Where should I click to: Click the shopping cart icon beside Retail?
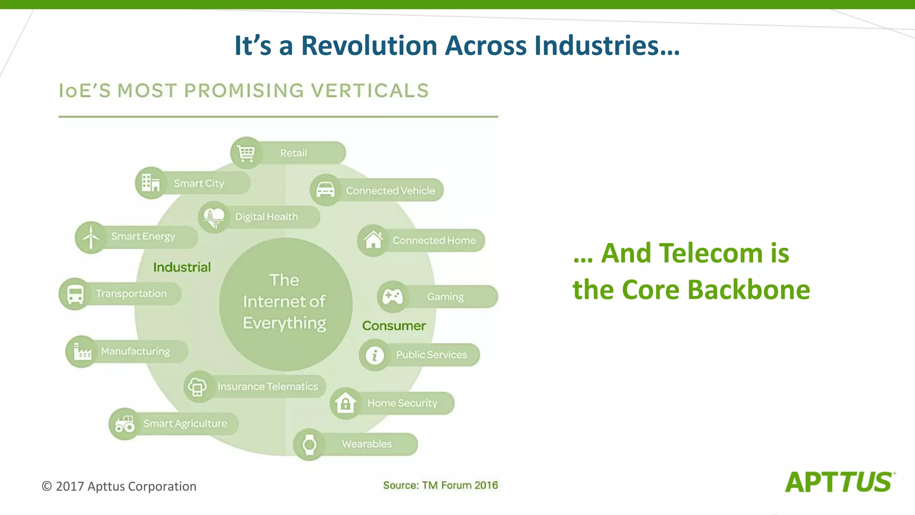246,153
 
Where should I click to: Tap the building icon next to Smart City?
151,183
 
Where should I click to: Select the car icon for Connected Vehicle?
325,190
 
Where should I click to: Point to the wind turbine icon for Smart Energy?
91,237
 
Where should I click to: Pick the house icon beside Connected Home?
373,240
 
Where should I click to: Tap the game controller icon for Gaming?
393,296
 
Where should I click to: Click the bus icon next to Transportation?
75,294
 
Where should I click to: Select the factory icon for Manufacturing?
82,351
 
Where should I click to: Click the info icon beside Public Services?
374,355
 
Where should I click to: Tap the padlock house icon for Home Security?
345,403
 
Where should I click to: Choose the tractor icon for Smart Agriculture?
125,424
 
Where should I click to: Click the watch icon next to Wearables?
309,444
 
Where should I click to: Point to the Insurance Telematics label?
268,386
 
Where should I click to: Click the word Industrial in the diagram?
182,267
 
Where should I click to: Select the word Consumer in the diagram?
394,325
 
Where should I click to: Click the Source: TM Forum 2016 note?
440,485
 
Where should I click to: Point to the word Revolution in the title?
369,46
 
